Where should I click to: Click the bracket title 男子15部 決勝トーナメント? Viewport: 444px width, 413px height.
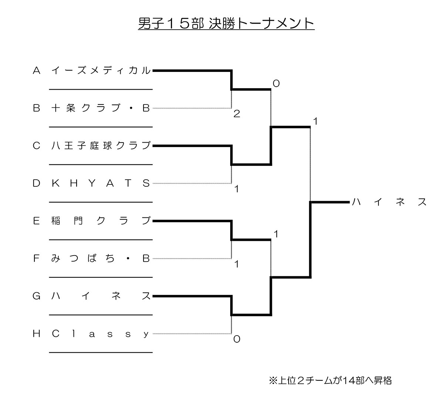(x=226, y=23)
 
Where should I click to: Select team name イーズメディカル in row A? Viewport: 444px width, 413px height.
(x=101, y=70)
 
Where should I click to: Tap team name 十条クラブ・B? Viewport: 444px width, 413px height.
(x=101, y=108)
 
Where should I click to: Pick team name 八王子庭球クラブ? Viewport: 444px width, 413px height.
(x=101, y=146)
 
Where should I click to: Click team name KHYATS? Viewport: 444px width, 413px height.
(x=101, y=183)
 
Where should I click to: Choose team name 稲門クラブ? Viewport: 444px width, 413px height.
(x=101, y=221)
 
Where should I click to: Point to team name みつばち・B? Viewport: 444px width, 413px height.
(x=101, y=259)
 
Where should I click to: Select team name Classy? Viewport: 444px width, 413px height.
(x=100, y=334)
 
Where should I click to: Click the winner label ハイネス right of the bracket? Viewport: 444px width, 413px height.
(x=389, y=202)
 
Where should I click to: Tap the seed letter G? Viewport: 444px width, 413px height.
(x=36, y=296)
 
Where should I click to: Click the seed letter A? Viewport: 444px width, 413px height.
(x=36, y=70)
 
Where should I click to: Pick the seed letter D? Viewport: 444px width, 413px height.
(x=36, y=183)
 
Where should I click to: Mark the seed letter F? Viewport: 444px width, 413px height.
(x=36, y=259)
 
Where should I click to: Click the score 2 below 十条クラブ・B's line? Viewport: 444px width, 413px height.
(x=237, y=114)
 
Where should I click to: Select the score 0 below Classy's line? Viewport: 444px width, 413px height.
(x=237, y=339)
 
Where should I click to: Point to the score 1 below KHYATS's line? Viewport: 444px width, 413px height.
(x=237, y=189)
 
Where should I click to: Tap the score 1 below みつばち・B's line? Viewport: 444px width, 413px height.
(x=237, y=264)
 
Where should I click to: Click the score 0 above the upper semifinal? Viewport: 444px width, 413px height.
(x=276, y=83)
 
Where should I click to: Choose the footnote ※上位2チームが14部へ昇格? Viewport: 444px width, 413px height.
(x=330, y=380)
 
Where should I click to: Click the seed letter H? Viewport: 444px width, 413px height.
(x=36, y=334)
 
